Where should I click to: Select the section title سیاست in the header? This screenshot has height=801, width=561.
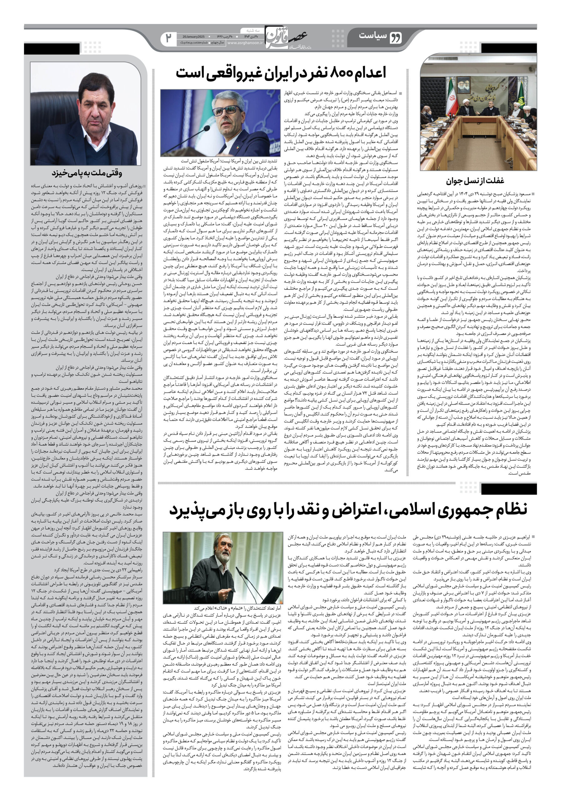(x=373, y=36)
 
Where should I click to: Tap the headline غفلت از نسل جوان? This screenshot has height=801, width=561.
(x=475, y=181)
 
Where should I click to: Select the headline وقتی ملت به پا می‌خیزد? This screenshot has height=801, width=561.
(x=87, y=173)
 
